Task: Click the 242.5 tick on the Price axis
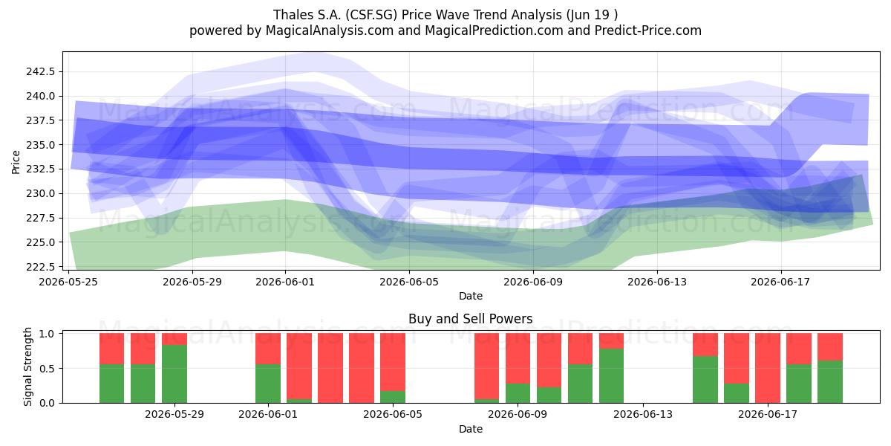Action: pos(41,71)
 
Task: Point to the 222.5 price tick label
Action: pos(41,267)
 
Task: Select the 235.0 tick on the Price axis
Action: pos(41,145)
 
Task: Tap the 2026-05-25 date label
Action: pos(68,282)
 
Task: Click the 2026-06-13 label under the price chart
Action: pos(657,282)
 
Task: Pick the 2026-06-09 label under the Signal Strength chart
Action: pos(518,414)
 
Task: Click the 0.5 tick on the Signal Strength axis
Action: pos(48,369)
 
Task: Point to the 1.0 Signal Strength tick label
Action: pos(48,334)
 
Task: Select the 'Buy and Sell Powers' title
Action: pos(471,319)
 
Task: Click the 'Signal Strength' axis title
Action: pos(27,366)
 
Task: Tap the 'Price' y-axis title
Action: pos(16,162)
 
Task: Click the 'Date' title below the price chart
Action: pos(471,296)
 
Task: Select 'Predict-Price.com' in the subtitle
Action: pos(648,30)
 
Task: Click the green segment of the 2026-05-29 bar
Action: pos(174,374)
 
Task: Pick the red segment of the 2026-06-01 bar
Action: pos(268,349)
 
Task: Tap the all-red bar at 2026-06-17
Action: pos(768,368)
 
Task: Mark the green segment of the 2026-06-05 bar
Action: pos(393,397)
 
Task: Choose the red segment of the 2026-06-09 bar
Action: pos(518,358)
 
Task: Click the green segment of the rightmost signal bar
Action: pos(830,382)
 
